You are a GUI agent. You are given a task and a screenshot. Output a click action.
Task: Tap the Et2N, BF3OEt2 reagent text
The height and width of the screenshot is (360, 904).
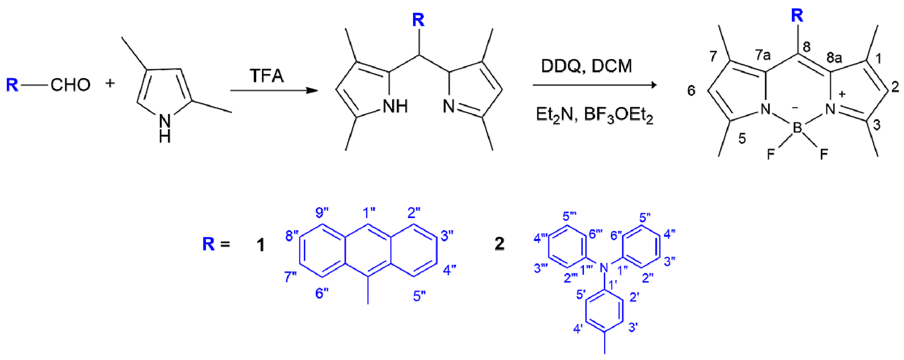594,115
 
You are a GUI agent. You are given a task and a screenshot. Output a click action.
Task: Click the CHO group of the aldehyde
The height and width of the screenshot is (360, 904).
70,85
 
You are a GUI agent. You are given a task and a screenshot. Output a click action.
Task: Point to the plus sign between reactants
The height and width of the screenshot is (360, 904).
110,83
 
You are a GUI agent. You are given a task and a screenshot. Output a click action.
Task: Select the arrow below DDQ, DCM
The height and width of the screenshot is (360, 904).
595,85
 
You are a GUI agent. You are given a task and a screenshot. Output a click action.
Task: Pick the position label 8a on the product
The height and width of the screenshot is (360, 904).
834,57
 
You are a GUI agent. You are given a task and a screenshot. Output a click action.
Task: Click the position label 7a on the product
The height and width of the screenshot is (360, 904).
763,55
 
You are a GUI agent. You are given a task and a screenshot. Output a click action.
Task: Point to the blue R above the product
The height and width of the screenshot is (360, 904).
797,16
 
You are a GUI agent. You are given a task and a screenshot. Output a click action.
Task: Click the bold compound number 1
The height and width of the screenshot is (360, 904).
260,245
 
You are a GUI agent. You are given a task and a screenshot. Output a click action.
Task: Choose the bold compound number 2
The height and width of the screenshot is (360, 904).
499,244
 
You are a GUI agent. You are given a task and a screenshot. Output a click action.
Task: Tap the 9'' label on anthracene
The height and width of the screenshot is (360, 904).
322,212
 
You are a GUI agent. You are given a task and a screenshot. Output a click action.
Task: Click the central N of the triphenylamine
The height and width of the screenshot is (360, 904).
604,268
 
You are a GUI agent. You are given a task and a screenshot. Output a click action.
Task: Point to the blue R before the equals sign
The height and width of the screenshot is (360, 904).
208,244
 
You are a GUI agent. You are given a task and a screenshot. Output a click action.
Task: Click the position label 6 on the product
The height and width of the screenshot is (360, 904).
691,90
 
